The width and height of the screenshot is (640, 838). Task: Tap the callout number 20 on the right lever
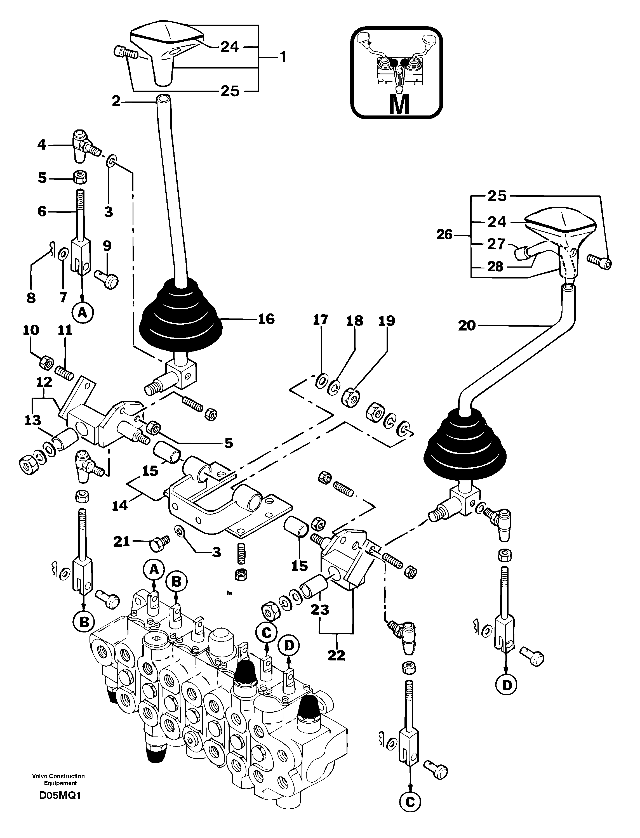(467, 325)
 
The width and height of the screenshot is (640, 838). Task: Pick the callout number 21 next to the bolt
(122, 541)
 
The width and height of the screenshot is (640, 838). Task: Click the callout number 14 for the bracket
(120, 506)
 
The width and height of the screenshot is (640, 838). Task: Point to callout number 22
(336, 656)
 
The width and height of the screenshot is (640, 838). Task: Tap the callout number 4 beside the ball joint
(41, 144)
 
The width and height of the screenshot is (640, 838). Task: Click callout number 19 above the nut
(387, 321)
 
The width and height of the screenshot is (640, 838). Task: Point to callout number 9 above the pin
(107, 246)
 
